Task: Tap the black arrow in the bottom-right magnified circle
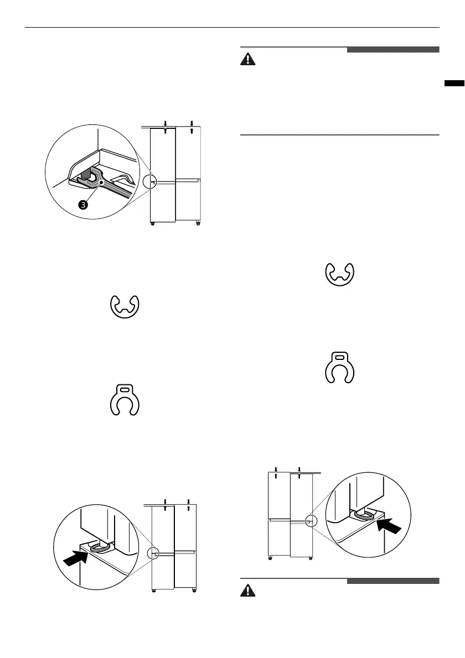pyautogui.click(x=388, y=523)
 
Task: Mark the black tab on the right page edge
pyautogui.click(x=454, y=83)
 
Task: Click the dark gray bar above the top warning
pyautogui.click(x=393, y=50)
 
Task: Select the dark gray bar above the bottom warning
pyautogui.click(x=393, y=581)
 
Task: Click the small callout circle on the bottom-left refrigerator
pyautogui.click(x=153, y=554)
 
